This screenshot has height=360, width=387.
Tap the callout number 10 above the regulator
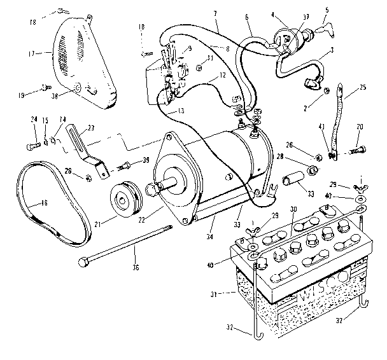(x=141, y=27)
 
